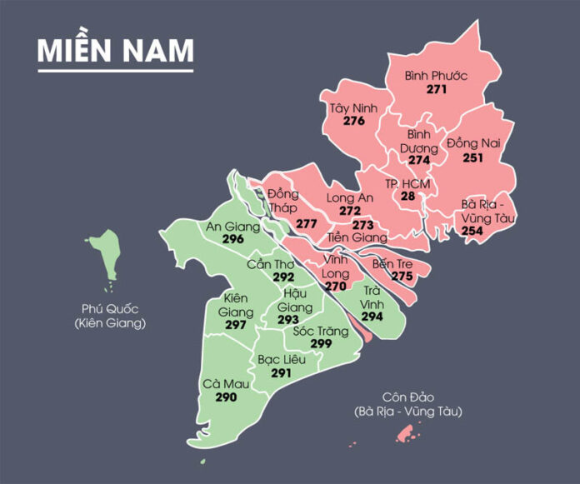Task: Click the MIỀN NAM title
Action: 116,50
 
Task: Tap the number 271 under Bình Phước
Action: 437,88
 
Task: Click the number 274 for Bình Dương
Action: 419,160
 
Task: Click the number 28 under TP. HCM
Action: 407,196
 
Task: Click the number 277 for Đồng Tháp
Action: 307,224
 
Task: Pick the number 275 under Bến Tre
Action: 402,276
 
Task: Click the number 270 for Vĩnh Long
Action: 335,286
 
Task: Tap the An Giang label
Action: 232,226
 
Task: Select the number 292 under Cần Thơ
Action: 284,277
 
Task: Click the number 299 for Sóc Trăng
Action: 321,343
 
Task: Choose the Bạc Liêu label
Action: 281,359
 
